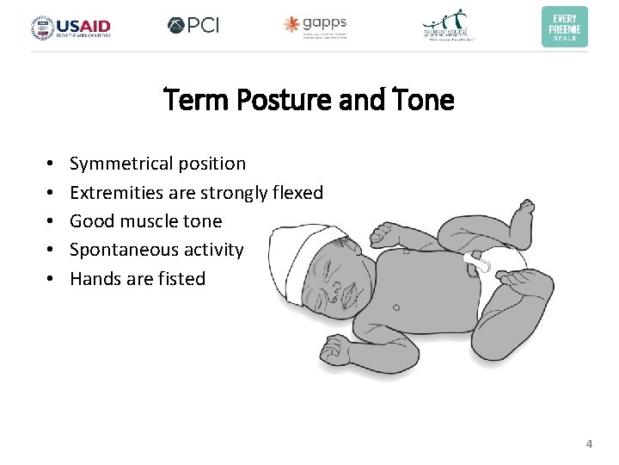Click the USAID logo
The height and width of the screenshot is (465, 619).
tap(71, 27)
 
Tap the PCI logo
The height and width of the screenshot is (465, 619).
tap(193, 26)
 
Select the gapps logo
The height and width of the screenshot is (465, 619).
tap(316, 26)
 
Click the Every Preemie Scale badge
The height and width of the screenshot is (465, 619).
tap(565, 27)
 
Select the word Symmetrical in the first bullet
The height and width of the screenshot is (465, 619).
tap(122, 164)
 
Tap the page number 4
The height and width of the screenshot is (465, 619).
tap(589, 444)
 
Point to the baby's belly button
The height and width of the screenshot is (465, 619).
tap(394, 305)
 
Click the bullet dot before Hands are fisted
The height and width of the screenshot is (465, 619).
tap(52, 278)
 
